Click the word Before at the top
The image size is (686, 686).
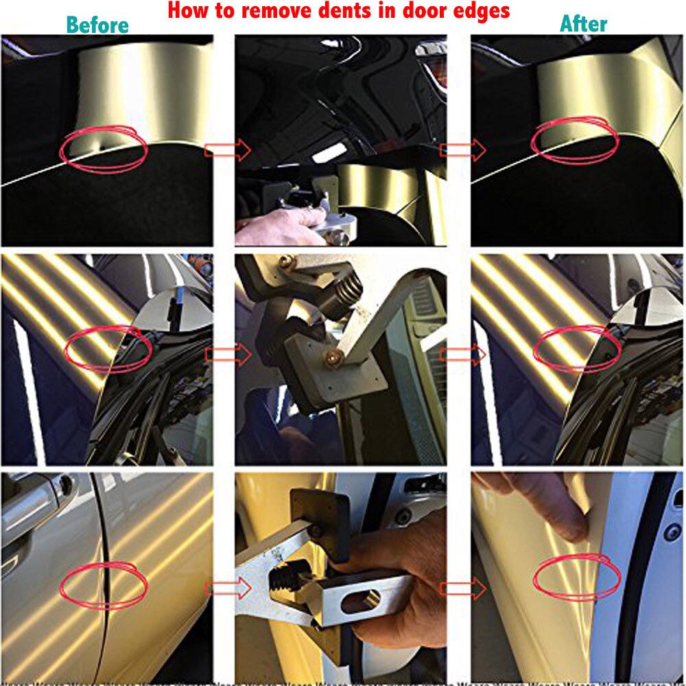(97, 25)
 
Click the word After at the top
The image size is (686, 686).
(584, 24)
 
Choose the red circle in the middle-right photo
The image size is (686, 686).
(576, 348)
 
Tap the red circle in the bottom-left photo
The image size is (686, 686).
(104, 584)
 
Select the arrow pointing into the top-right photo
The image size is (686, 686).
(462, 149)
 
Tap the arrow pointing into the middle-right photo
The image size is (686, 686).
(462, 354)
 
